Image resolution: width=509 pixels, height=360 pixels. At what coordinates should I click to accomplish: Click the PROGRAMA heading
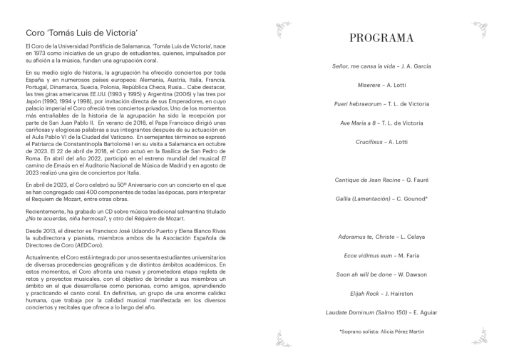(x=381, y=38)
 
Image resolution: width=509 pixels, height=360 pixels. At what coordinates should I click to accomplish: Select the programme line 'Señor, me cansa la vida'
(x=381, y=66)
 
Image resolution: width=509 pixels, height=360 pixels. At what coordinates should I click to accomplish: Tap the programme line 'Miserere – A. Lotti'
(x=381, y=85)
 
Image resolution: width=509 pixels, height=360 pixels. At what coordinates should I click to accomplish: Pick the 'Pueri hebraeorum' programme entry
(x=381, y=104)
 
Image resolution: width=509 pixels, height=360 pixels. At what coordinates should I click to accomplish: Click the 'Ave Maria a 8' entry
(x=381, y=123)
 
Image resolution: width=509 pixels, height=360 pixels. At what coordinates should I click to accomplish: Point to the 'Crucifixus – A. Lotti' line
(x=381, y=142)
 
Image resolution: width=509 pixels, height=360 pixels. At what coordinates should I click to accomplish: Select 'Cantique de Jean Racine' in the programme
(x=381, y=180)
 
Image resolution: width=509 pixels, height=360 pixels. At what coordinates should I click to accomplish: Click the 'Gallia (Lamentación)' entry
(x=381, y=199)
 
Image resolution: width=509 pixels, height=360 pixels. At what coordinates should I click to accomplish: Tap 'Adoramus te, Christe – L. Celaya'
(x=381, y=236)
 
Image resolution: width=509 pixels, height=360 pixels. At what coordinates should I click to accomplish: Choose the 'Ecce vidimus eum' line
(x=381, y=255)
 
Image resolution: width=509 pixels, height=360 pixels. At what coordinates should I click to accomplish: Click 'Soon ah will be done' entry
(x=381, y=274)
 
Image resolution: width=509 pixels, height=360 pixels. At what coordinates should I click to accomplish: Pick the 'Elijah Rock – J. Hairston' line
(x=381, y=293)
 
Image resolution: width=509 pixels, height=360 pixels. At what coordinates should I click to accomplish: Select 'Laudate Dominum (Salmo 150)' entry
(x=381, y=312)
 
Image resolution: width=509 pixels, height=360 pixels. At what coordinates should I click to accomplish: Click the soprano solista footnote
(x=381, y=332)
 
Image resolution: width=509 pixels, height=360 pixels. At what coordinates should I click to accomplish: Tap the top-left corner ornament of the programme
(x=283, y=29)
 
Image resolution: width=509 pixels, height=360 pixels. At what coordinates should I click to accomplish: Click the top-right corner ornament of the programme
(x=478, y=29)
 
